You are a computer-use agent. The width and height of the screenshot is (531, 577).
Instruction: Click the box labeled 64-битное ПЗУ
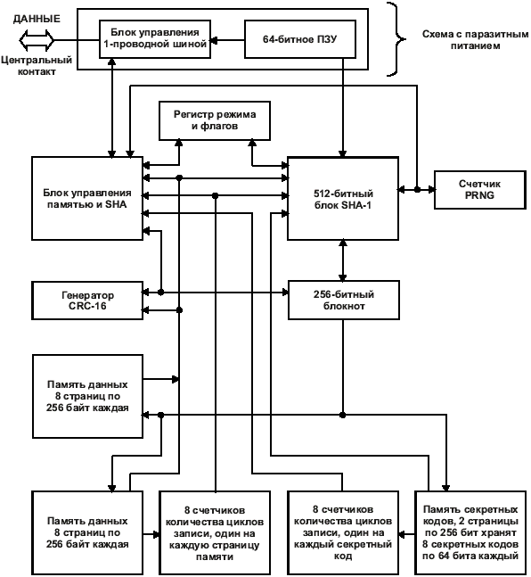pyautogui.click(x=300, y=39)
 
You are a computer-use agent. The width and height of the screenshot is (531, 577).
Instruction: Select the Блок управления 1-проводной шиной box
pyautogui.click(x=155, y=39)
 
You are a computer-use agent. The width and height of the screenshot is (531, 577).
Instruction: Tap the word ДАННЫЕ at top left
pyautogui.click(x=37, y=19)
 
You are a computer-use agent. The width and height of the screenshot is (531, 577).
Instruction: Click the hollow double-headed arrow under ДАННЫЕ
pyautogui.click(x=37, y=40)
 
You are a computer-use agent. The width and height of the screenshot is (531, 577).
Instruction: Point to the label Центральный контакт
pyautogui.click(x=37, y=65)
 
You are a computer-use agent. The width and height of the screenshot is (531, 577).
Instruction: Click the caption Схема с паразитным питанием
pyautogui.click(x=475, y=40)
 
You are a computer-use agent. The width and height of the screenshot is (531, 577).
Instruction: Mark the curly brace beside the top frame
pyautogui.click(x=396, y=39)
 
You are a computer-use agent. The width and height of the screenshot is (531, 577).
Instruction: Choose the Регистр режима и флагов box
pyautogui.click(x=215, y=120)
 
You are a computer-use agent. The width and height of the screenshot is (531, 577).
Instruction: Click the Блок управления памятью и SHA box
pyautogui.click(x=87, y=199)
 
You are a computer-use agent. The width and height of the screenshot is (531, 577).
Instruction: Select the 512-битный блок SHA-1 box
pyautogui.click(x=343, y=199)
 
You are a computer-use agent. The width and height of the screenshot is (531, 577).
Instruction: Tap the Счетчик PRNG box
pyautogui.click(x=480, y=190)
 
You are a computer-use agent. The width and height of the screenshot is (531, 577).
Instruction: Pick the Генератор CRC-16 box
pyautogui.click(x=87, y=301)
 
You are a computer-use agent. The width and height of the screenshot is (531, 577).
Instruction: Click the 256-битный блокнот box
pyautogui.click(x=344, y=300)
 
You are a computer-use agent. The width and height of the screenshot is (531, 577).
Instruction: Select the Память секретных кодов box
pyautogui.click(x=470, y=532)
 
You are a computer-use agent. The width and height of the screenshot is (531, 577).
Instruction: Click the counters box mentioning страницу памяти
pyautogui.click(x=215, y=532)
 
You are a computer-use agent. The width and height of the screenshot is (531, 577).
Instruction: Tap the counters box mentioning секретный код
pyautogui.click(x=343, y=532)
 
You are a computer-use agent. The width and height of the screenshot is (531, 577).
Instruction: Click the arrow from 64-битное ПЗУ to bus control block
pyautogui.click(x=227, y=40)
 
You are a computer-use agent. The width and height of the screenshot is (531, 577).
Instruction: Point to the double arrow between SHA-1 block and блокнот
pyautogui.click(x=343, y=260)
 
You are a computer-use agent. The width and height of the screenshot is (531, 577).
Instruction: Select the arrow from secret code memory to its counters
pyautogui.click(x=406, y=534)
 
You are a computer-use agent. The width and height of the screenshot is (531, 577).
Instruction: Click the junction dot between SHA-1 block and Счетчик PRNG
pyautogui.click(x=417, y=190)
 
